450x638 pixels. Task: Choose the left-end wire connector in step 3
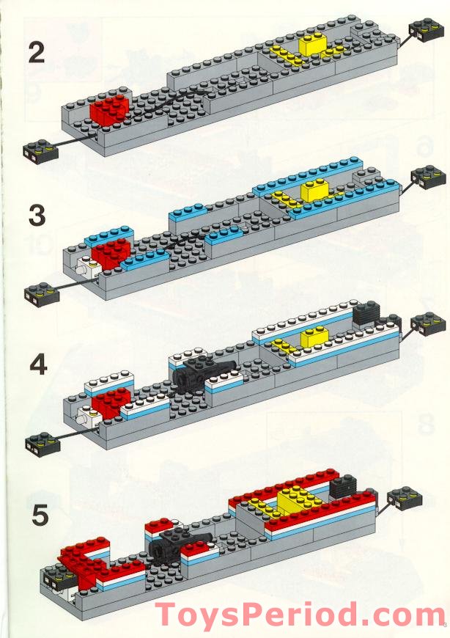point(40,294)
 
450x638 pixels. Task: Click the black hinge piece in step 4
point(198,371)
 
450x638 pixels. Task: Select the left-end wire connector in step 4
point(41,441)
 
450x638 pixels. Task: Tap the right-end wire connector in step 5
point(404,498)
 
